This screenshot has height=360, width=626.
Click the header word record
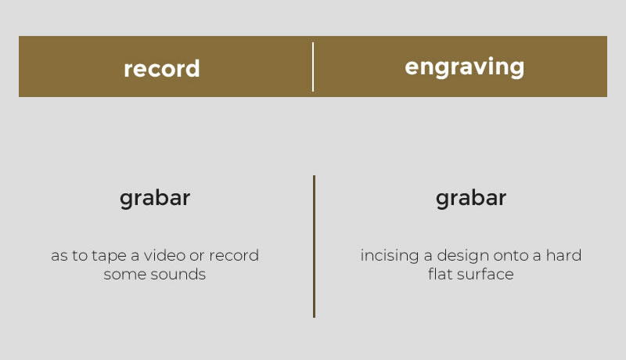(x=162, y=69)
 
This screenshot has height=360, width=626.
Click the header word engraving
(x=464, y=67)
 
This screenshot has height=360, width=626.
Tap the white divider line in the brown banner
(x=313, y=67)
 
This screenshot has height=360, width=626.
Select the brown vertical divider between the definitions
(x=315, y=247)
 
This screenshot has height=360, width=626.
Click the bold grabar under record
(x=155, y=198)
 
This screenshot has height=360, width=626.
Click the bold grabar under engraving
(x=471, y=198)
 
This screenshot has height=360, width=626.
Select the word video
(x=164, y=255)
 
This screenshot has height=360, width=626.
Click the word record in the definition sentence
(x=234, y=255)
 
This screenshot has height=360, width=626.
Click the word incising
(x=390, y=255)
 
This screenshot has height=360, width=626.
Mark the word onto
(x=512, y=255)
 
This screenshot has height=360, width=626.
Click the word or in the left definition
(x=197, y=256)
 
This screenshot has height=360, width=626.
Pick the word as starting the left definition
(x=59, y=256)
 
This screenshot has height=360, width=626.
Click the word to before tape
(x=80, y=255)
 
